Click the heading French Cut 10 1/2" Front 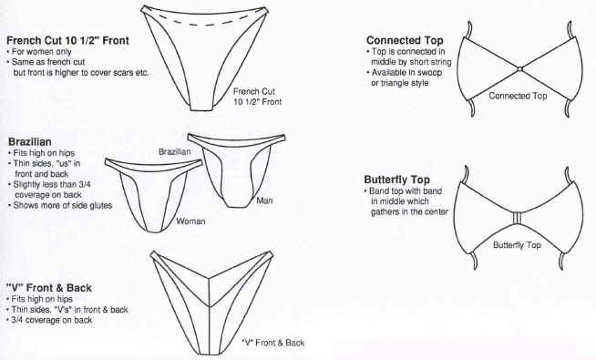pyautogui.click(x=68, y=40)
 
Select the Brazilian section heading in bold pyautogui.click(x=30, y=142)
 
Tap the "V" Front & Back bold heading pyautogui.click(x=49, y=288)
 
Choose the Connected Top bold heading pyautogui.click(x=405, y=40)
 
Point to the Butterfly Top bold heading pyautogui.click(x=396, y=180)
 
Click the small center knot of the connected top pyautogui.click(x=519, y=69)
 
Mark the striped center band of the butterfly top pyautogui.click(x=517, y=218)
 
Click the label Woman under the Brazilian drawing pyautogui.click(x=190, y=221)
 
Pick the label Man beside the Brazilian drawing pyautogui.click(x=264, y=201)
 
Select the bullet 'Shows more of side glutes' pyautogui.click(x=60, y=205)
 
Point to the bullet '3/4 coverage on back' pyautogui.click(x=49, y=320)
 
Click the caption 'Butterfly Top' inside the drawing pyautogui.click(x=517, y=245)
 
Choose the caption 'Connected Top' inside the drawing pyautogui.click(x=518, y=96)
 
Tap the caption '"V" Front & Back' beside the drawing pyautogui.click(x=273, y=343)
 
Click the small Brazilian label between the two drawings pyautogui.click(x=174, y=151)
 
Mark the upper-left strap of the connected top pyautogui.click(x=469, y=30)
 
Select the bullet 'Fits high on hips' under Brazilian pyautogui.click(x=41, y=153)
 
